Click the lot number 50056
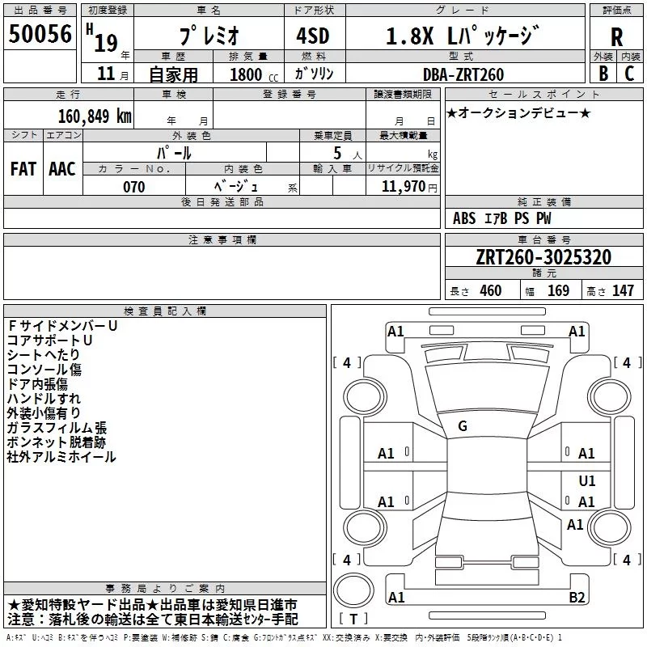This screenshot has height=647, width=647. tap(40, 34)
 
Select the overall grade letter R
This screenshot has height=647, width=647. tap(616, 37)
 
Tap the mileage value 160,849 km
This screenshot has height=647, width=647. tap(95, 116)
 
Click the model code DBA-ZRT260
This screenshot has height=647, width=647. tap(463, 74)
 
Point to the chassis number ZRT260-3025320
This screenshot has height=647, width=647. tap(543, 256)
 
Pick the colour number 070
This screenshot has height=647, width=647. tap(134, 187)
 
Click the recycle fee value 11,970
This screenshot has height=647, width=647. tap(403, 186)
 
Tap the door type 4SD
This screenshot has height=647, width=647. tap(313, 36)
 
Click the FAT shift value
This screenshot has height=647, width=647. tap(23, 169)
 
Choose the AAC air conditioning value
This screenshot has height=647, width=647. tap(62, 169)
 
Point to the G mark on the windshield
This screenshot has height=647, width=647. tap(463, 426)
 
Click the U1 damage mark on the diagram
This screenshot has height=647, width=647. tap(587, 480)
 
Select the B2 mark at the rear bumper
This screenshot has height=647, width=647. tap(577, 597)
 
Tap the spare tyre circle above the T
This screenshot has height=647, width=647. tap(353, 590)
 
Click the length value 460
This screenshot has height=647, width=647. tap(491, 290)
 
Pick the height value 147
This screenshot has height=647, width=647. tap(623, 290)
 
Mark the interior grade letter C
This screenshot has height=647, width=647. tap(629, 73)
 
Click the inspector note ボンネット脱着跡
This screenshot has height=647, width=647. tap(57, 442)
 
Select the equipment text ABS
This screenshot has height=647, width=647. tap(464, 218)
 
